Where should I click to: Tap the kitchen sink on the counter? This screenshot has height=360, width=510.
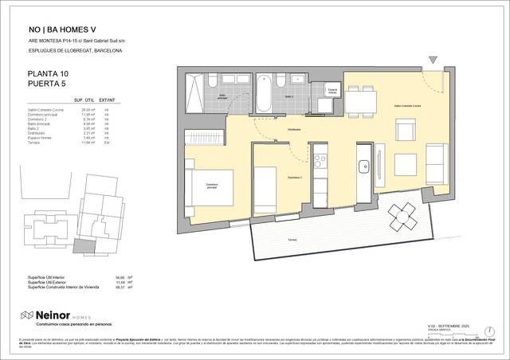pos(363,166)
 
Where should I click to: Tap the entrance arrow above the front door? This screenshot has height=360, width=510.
pos(432,61)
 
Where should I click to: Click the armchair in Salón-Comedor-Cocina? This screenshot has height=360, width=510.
pos(406,131)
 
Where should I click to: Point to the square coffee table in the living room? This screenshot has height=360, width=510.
pos(402,162)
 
